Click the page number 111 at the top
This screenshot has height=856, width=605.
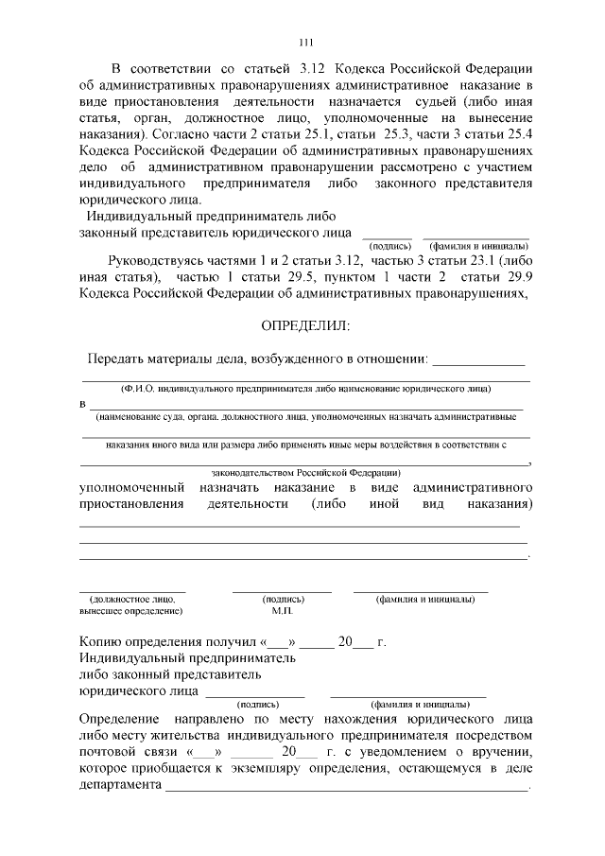pos(304,42)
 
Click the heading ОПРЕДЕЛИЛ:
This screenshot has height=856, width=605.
pos(304,326)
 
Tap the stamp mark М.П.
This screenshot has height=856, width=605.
pos(283,611)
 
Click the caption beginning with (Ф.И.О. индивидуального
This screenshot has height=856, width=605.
pos(304,389)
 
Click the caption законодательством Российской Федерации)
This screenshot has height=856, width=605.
pos(304,472)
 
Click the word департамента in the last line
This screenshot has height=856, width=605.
pos(119,786)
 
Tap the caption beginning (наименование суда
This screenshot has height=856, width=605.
pos(304,416)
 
